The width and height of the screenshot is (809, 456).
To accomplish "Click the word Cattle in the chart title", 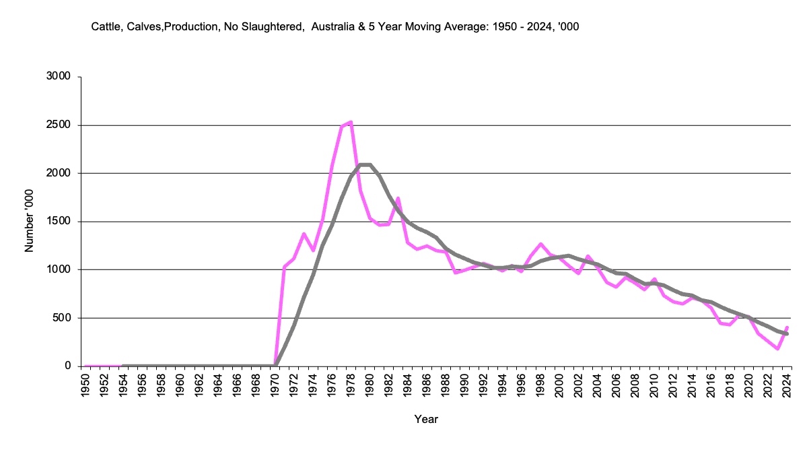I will coord(106,27).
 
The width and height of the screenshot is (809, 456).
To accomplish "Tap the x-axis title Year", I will coord(426,419).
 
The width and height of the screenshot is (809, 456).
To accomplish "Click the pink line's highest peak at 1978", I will coord(351,123).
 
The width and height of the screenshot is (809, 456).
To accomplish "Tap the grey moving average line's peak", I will coord(365,164).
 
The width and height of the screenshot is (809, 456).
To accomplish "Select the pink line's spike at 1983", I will coord(398,198).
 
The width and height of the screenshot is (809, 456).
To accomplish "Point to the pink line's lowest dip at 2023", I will coord(777,348).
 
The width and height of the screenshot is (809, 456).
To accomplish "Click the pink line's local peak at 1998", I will coord(540,244).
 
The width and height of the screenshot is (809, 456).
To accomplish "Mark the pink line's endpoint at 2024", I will coord(787,327).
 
